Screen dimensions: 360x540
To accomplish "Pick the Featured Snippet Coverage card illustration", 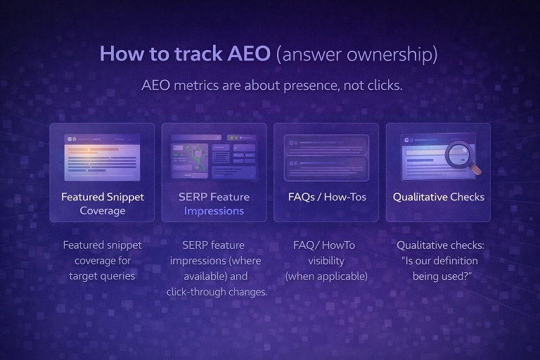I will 102,157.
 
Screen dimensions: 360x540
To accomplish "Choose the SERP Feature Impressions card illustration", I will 214,157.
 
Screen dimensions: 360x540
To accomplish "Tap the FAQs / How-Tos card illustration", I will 326,157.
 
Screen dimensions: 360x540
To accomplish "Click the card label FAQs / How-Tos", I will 326,197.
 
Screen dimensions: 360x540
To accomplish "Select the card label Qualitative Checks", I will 438,197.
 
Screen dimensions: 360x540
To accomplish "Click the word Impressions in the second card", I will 214,211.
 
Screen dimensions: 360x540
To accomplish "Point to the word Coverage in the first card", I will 102,211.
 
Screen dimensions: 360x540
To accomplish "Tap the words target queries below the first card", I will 102,276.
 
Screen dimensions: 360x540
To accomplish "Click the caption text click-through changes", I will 217,292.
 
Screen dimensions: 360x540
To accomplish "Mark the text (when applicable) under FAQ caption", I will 326,276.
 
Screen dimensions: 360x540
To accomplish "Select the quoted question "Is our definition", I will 440,261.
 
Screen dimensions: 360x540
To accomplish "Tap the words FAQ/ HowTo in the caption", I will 324,245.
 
